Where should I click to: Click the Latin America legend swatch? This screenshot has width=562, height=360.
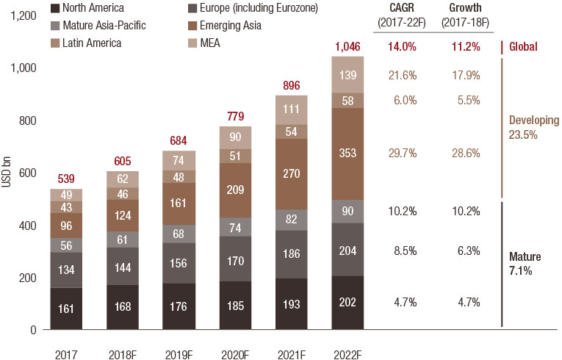[55, 43]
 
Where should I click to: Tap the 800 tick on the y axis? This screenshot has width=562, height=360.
[26, 120]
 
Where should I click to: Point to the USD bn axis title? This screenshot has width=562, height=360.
[7, 173]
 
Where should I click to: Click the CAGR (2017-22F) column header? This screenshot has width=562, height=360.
[401, 14]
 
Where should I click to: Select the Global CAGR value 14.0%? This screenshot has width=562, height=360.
[401, 47]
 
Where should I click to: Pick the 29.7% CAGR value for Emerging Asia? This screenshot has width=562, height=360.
[401, 153]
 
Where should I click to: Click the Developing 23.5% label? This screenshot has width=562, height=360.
[533, 126]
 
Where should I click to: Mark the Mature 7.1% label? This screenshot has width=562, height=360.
[525, 264]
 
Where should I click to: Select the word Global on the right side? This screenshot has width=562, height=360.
[523, 47]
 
